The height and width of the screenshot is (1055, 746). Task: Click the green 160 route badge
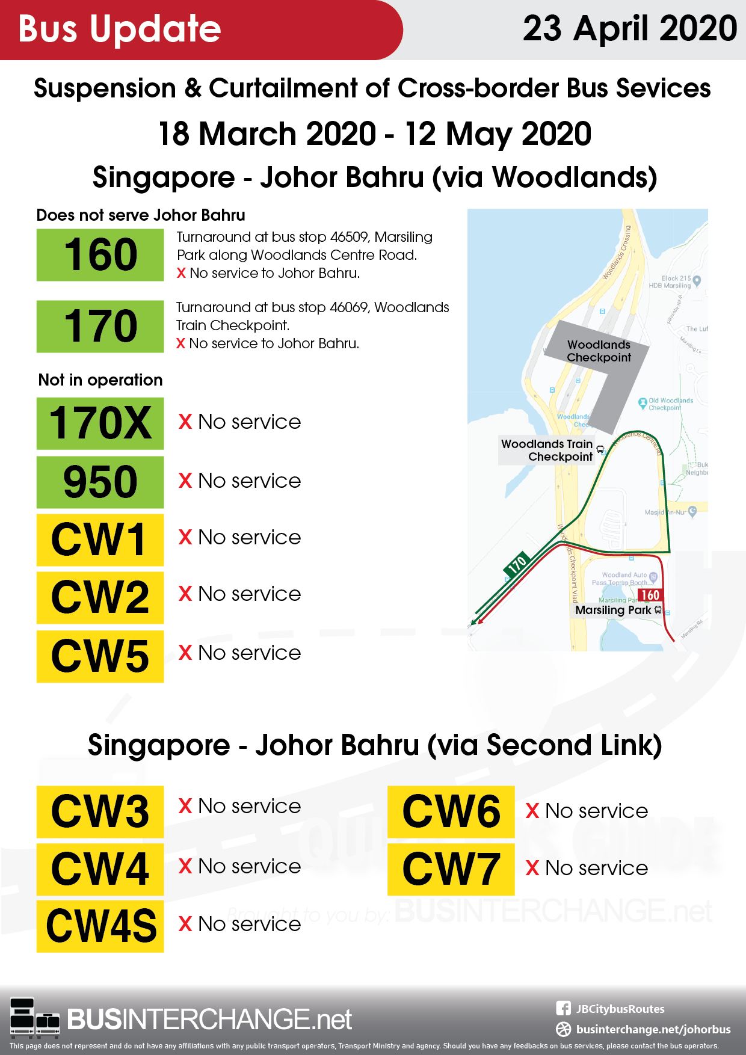(x=100, y=255)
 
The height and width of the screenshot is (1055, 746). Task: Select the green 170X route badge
(x=100, y=423)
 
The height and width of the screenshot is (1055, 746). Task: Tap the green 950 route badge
(x=100, y=482)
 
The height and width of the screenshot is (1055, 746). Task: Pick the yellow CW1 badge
(x=100, y=540)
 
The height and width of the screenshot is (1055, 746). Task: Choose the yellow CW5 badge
(x=100, y=656)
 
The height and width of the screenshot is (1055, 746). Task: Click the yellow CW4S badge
(x=100, y=926)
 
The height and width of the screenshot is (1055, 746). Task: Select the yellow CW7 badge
(x=451, y=869)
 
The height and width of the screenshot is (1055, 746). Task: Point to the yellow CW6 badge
(x=451, y=811)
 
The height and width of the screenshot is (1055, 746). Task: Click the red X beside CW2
(x=185, y=594)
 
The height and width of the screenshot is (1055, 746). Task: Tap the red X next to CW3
(x=185, y=806)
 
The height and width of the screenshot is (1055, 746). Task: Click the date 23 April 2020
(x=629, y=29)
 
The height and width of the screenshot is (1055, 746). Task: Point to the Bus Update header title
(x=120, y=29)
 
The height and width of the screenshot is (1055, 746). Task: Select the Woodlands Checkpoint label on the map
(x=599, y=351)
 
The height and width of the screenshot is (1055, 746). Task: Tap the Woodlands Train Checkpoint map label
(x=547, y=450)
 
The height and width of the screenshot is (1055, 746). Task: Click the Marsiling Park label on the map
(x=613, y=610)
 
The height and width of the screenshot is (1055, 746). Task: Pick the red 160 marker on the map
(x=650, y=595)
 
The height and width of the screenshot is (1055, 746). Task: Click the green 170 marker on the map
(x=517, y=565)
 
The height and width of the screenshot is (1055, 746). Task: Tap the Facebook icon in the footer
(x=563, y=1009)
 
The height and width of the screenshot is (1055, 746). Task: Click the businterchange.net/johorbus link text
(x=653, y=1029)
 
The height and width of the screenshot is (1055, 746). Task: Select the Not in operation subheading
(x=100, y=380)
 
